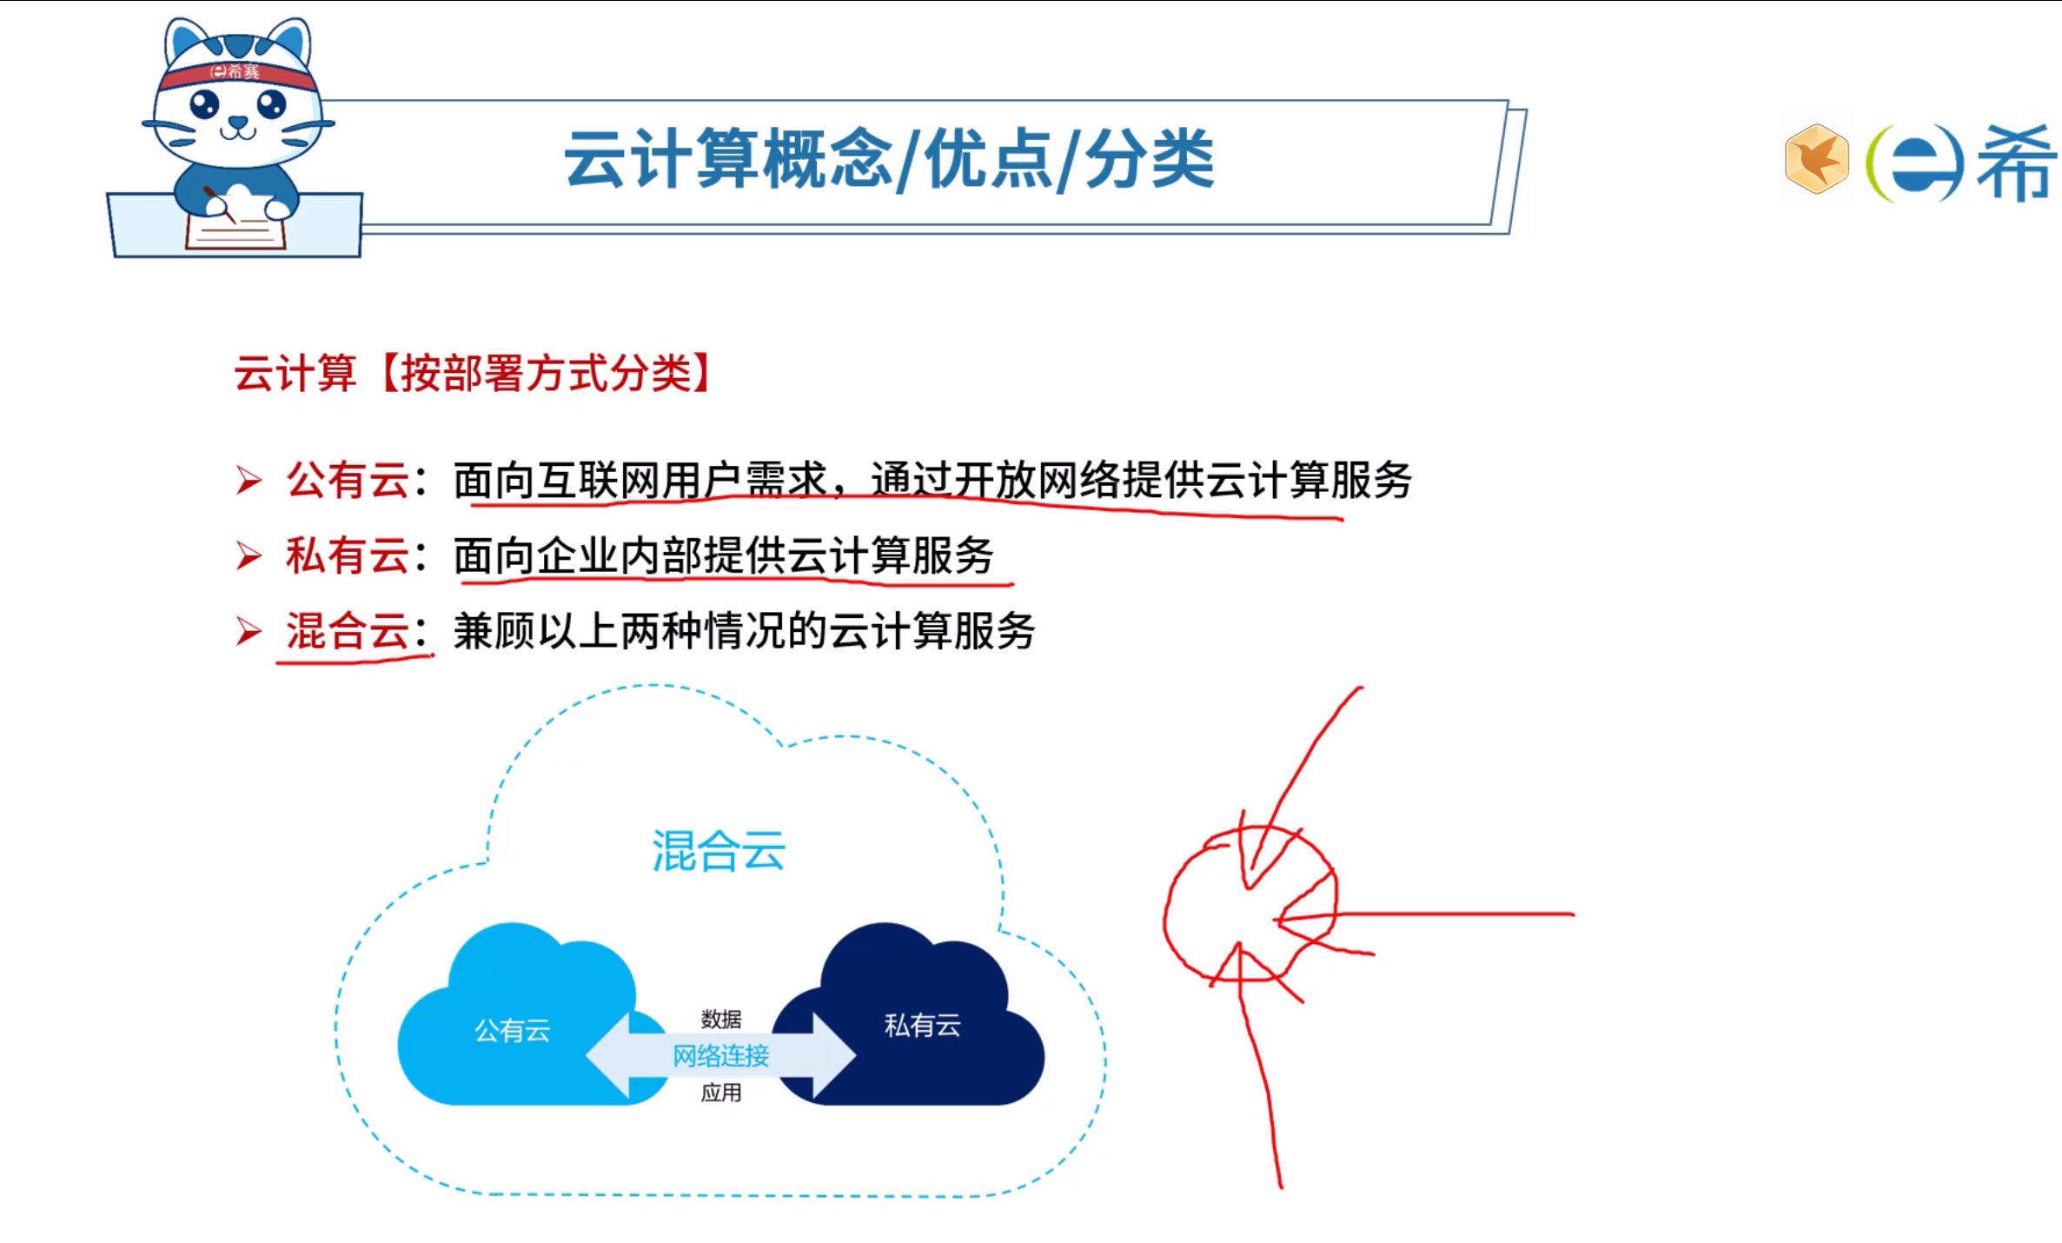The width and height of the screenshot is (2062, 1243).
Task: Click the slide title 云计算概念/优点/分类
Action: coord(888,160)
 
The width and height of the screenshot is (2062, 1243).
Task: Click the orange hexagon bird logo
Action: coord(1816,158)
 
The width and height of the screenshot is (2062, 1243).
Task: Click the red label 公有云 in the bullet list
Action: coord(348,480)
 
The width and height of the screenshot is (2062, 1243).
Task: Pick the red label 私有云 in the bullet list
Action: coord(348,555)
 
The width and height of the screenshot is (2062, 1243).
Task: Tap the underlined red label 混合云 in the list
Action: coord(348,631)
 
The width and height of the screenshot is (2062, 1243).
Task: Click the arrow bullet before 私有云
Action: coord(249,556)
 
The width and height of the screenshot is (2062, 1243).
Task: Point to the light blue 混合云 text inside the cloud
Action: coord(719,850)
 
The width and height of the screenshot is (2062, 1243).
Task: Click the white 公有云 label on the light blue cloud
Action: coord(512,1031)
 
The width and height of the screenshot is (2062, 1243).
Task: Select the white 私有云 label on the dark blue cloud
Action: coord(922,1026)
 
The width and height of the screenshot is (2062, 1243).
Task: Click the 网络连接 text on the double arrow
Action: coord(720,1056)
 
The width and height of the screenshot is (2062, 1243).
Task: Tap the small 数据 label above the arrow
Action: coord(721,1019)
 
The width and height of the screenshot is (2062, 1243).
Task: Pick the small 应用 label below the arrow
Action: coord(721,1093)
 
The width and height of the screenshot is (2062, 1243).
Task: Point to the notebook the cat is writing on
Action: coord(236,231)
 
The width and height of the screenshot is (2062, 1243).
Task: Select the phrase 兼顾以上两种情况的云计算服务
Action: coord(744,631)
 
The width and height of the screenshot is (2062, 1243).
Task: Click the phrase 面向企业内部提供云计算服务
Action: coord(723,555)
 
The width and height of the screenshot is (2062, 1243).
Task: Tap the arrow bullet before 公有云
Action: coord(249,481)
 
